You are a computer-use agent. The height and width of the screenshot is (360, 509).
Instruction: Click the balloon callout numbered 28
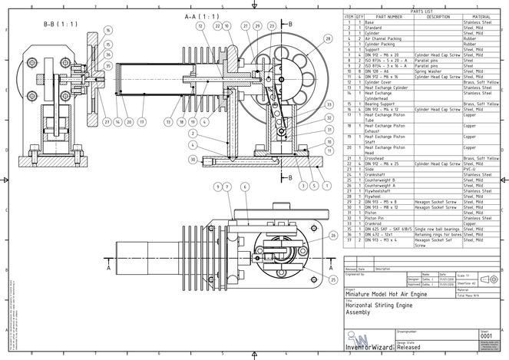(328, 38)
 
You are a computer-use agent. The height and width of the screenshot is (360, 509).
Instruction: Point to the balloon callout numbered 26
(332, 236)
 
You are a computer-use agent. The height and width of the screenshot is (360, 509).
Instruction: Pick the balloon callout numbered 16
(107, 31)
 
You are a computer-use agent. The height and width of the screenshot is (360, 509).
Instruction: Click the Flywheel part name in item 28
(377, 197)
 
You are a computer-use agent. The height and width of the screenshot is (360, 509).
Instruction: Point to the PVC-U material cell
(473, 169)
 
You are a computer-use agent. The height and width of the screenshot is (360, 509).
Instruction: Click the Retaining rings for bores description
(438, 234)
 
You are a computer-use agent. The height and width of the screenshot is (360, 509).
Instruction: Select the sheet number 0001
(485, 335)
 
